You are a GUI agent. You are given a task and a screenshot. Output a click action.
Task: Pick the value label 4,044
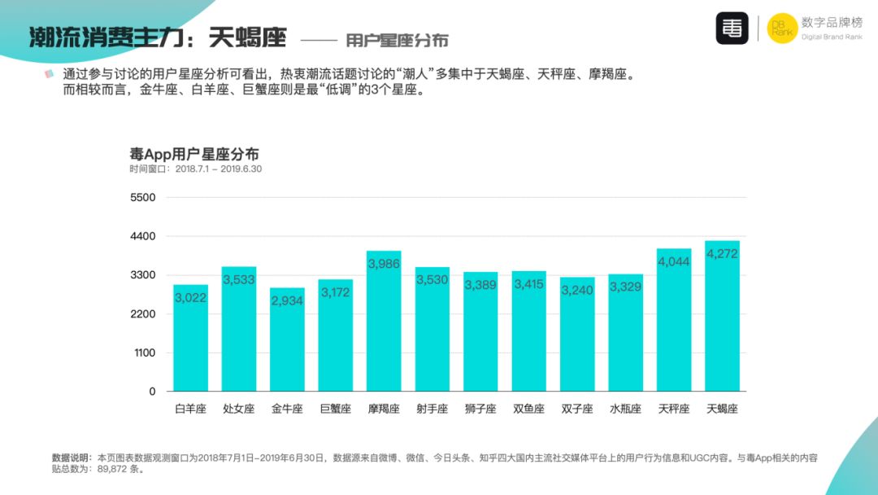(674, 262)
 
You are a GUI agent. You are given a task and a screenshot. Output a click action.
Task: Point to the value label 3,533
(239, 280)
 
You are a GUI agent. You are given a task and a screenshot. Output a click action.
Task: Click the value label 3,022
(190, 298)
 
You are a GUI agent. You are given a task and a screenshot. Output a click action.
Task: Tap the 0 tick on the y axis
(151, 392)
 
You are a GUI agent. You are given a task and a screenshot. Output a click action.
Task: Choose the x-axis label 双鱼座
(528, 409)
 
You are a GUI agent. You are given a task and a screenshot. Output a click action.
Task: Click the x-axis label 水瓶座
(625, 409)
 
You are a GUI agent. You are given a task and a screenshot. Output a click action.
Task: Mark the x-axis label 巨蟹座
(335, 409)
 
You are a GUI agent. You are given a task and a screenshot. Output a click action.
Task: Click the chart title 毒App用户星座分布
(194, 154)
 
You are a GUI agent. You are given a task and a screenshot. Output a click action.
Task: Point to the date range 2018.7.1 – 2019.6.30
(219, 169)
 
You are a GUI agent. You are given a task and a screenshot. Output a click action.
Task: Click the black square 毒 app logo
(732, 28)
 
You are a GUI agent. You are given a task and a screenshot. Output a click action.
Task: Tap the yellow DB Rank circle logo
(782, 28)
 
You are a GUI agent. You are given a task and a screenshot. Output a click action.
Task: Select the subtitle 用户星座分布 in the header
(397, 40)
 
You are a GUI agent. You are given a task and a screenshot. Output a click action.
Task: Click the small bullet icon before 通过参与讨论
(50, 75)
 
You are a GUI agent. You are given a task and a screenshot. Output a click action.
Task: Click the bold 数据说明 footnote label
(72, 458)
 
